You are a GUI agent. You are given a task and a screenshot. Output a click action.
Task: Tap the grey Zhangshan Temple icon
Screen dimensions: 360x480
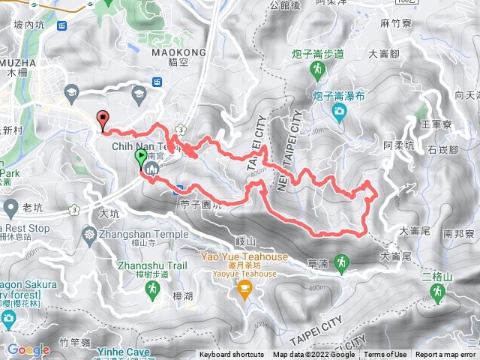pyautogui.click(x=89, y=234)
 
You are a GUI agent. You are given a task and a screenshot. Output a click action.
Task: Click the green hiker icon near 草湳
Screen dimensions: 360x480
pyautogui.click(x=342, y=262)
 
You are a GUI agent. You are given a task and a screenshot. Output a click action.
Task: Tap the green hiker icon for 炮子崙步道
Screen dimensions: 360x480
pyautogui.click(x=316, y=69)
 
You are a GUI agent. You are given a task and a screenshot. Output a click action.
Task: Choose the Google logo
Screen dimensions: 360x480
pyautogui.click(x=28, y=349)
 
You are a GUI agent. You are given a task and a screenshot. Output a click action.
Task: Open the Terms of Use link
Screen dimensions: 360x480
pyautogui.click(x=385, y=355)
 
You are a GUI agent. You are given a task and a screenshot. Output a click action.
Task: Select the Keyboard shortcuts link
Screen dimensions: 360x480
pyautogui.click(x=232, y=355)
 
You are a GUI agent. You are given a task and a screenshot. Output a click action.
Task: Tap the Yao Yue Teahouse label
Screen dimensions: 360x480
pyautogui.click(x=244, y=256)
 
